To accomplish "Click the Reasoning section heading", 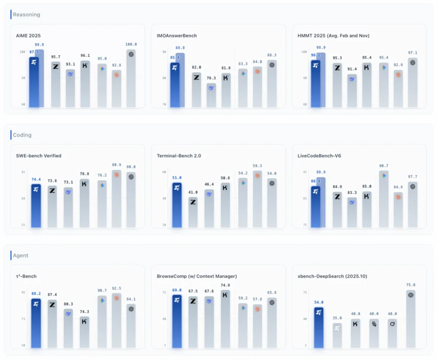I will point(27,15).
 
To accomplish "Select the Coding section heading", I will point(22,135).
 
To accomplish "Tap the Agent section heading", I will point(21,255).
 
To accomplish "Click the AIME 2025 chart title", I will point(29,35).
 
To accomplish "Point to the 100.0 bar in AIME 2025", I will point(131,78).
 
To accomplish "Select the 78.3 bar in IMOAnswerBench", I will point(211,95).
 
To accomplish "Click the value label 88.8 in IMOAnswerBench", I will point(180,48).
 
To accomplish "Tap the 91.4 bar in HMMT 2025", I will point(352,91).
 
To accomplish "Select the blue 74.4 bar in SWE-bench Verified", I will point(35,206).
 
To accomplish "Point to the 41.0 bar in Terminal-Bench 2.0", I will point(193,212).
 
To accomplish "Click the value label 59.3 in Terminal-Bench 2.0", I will point(257,166).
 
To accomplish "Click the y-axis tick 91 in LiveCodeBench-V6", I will point(305,171).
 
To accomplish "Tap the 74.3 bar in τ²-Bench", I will point(84,331).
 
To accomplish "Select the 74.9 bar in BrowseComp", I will point(226,318).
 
